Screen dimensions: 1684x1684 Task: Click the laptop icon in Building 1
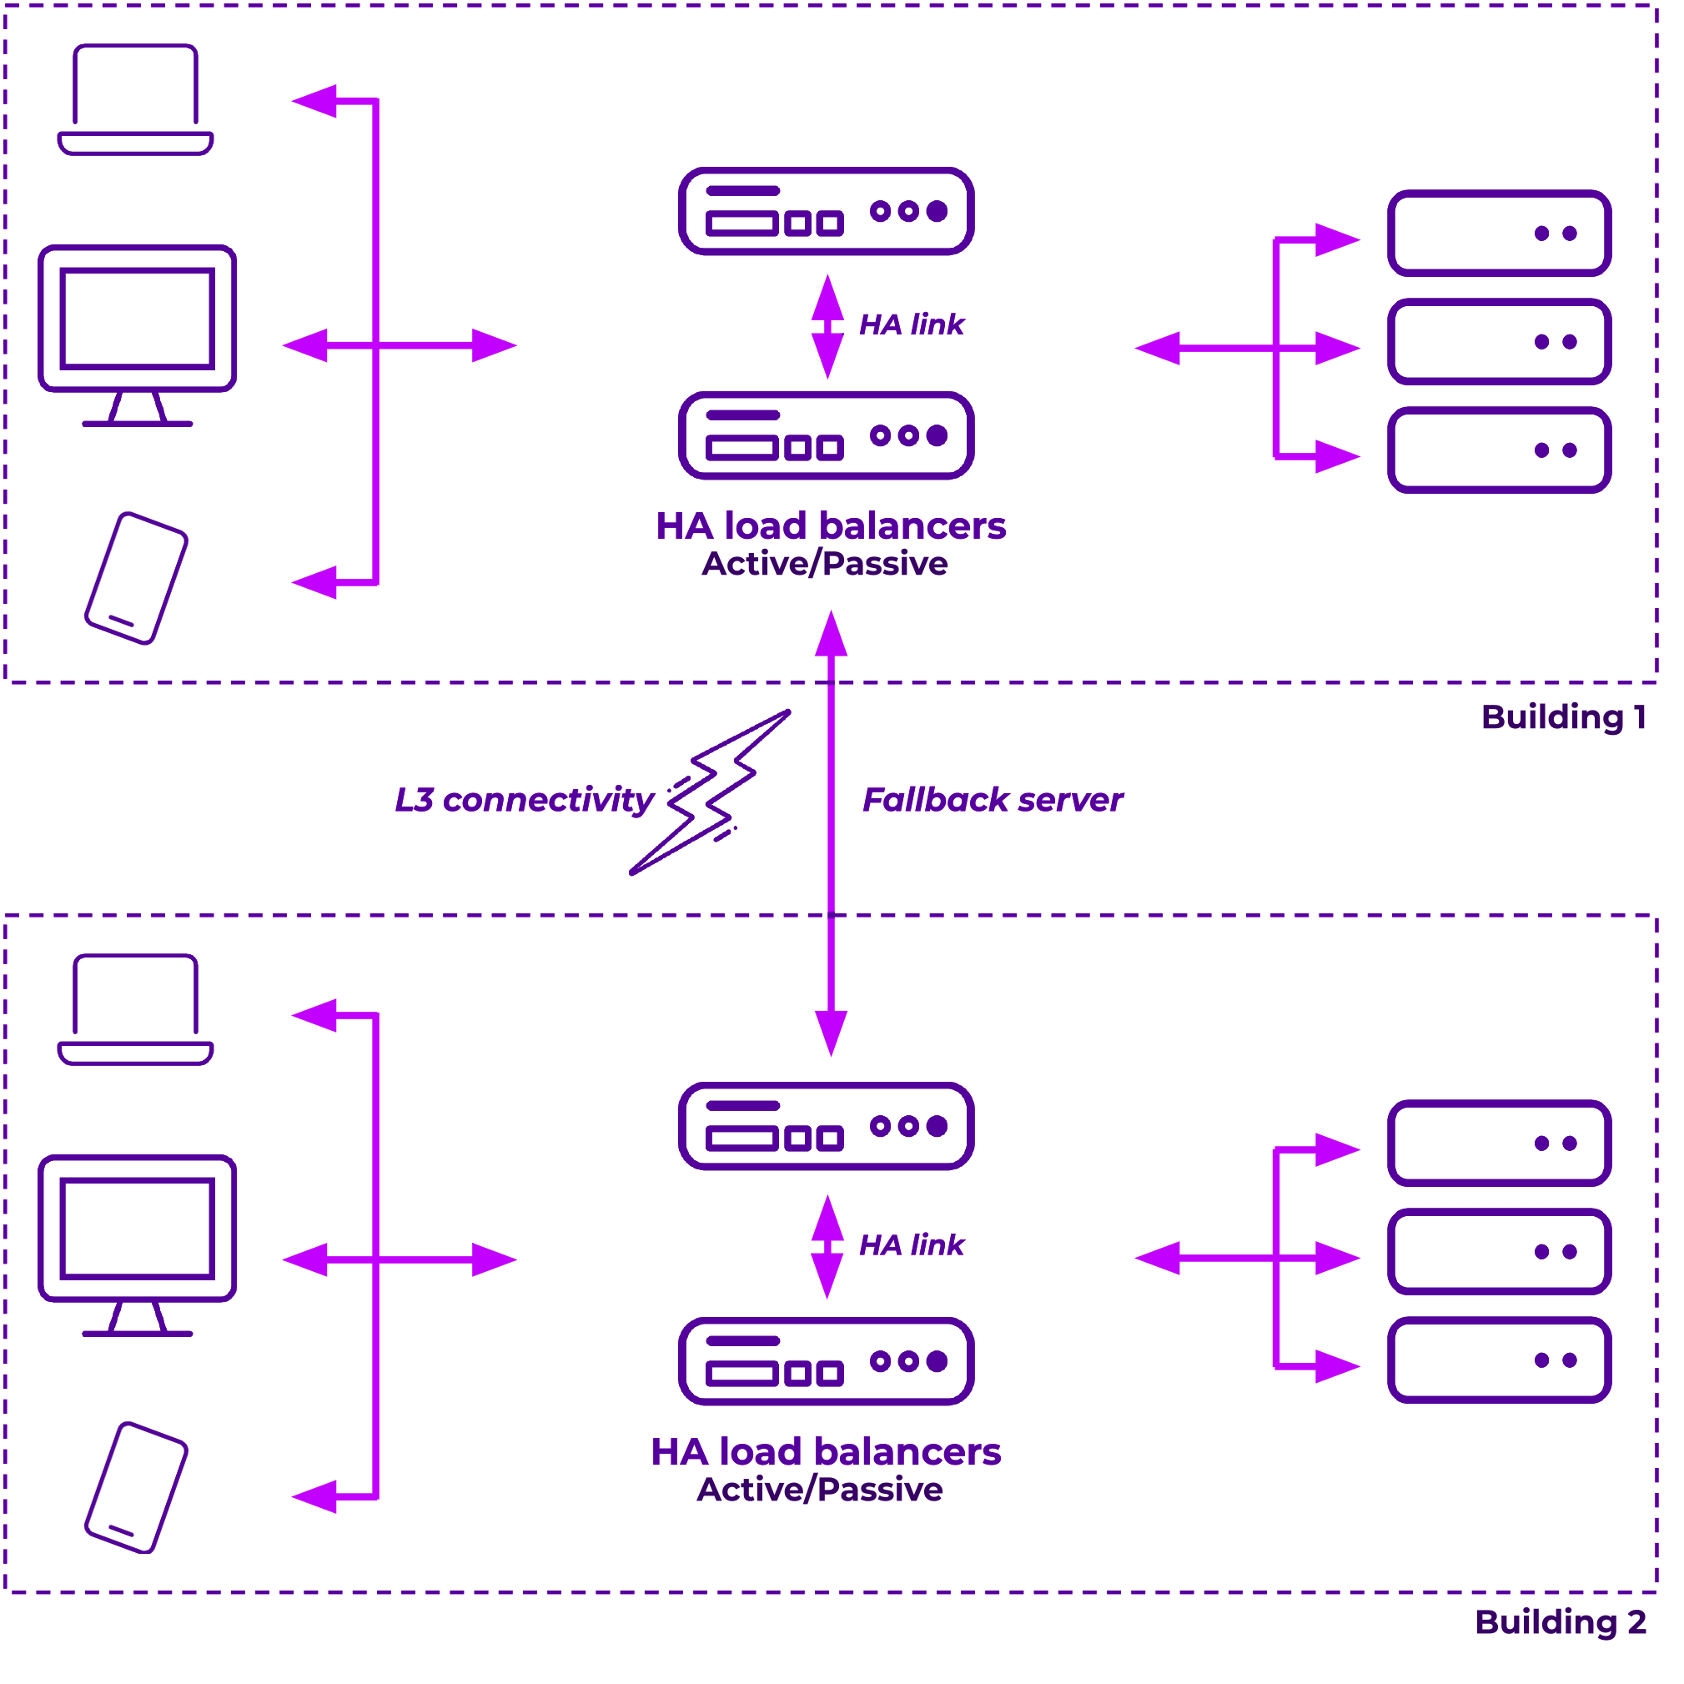tap(135, 99)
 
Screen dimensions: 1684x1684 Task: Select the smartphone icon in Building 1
tap(136, 578)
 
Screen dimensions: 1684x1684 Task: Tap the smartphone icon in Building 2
tap(136, 1488)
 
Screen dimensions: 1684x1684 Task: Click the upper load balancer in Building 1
tap(827, 211)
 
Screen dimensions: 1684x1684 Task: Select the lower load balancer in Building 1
tap(827, 436)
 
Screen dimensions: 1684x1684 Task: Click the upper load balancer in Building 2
tap(827, 1126)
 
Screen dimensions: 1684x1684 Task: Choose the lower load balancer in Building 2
tap(827, 1361)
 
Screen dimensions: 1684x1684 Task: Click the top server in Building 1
tap(1499, 233)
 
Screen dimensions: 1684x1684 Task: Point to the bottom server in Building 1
tap(1499, 450)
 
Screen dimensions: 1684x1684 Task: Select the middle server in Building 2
tap(1499, 1252)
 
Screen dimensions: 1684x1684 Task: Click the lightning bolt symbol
tap(711, 792)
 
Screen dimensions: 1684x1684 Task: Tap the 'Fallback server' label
tap(993, 800)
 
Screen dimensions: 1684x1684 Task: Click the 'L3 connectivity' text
tap(524, 800)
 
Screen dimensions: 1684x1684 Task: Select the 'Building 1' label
tap(1564, 717)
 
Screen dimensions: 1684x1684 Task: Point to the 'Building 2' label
tap(1561, 1622)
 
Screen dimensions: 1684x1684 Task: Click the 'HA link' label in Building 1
tap(912, 324)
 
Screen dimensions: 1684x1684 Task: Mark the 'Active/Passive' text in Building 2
tap(820, 1490)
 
